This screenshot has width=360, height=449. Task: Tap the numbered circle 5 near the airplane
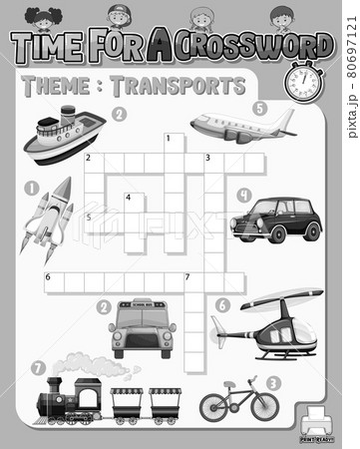tap(259, 108)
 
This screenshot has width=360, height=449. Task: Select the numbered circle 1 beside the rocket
tap(32, 187)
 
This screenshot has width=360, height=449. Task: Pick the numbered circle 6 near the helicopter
tap(221, 304)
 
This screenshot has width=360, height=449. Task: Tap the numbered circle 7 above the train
tap(38, 368)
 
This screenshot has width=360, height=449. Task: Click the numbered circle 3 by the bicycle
tap(274, 382)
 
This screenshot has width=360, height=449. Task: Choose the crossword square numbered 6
tap(53, 281)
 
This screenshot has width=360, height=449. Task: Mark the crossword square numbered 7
tap(193, 281)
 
